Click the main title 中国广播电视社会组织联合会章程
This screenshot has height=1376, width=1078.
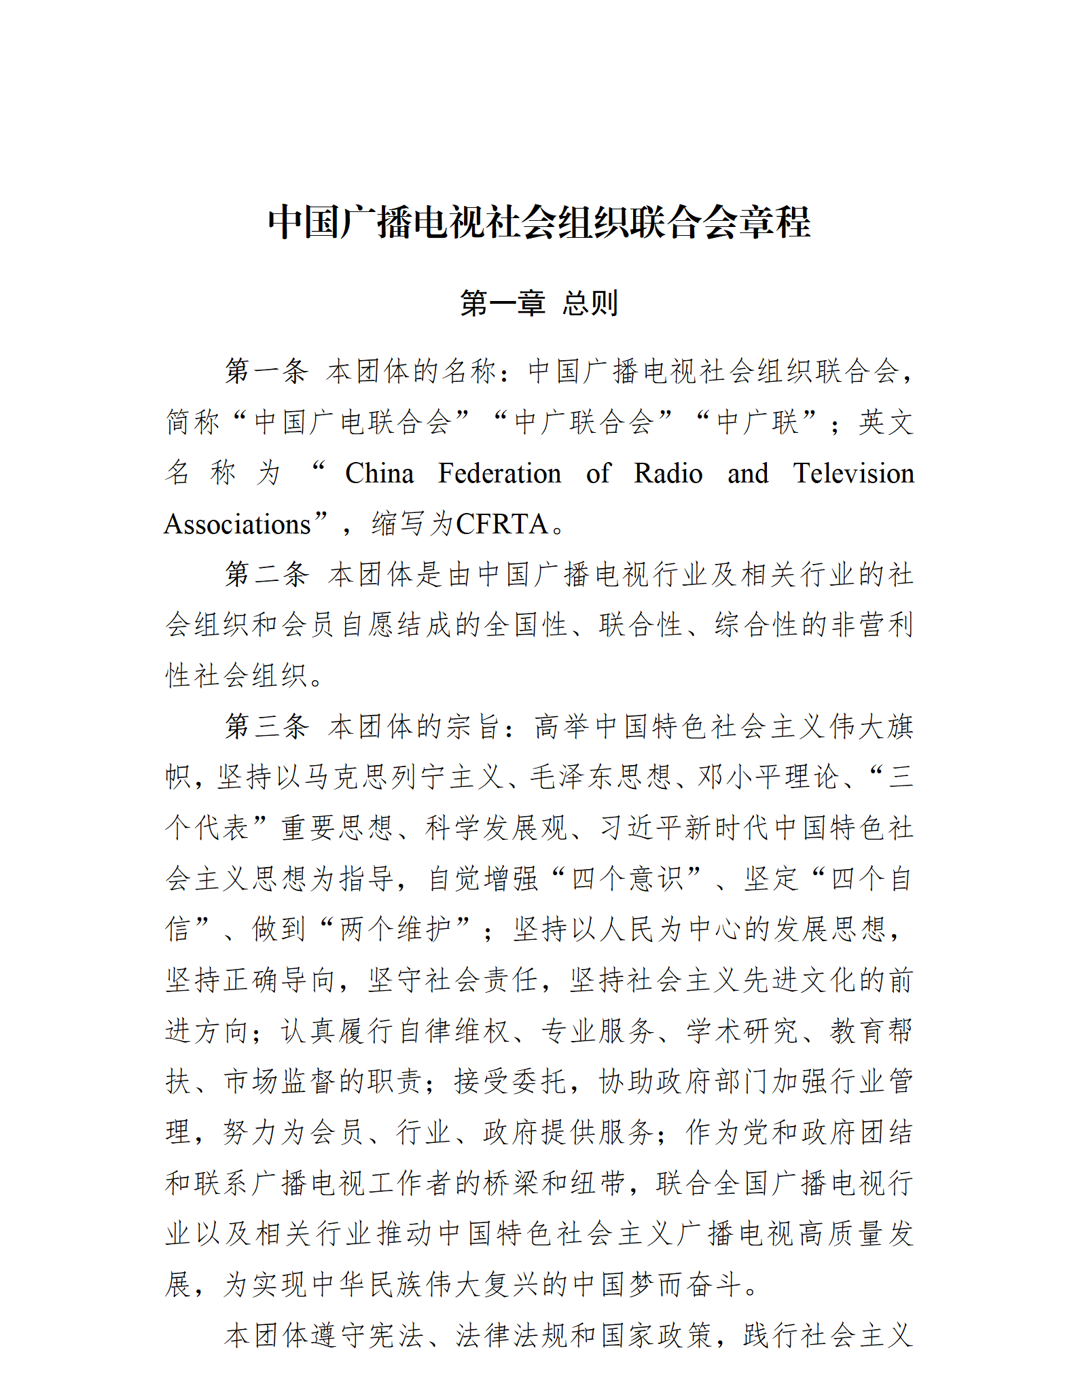(x=539, y=222)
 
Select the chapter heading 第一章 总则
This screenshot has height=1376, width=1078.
(x=539, y=303)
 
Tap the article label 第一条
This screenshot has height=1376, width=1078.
(x=267, y=372)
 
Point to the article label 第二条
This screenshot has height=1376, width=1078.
(x=267, y=574)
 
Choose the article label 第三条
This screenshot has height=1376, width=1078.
(x=267, y=726)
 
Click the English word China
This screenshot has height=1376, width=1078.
(x=379, y=474)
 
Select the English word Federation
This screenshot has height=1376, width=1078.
(x=499, y=474)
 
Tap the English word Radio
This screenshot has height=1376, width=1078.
(x=668, y=474)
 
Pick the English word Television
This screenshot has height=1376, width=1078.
(x=853, y=474)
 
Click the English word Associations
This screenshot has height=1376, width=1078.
(x=237, y=525)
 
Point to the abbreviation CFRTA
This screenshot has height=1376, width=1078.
(x=502, y=525)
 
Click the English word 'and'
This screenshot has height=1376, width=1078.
(x=747, y=474)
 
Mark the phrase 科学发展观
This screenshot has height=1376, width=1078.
(x=497, y=828)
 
